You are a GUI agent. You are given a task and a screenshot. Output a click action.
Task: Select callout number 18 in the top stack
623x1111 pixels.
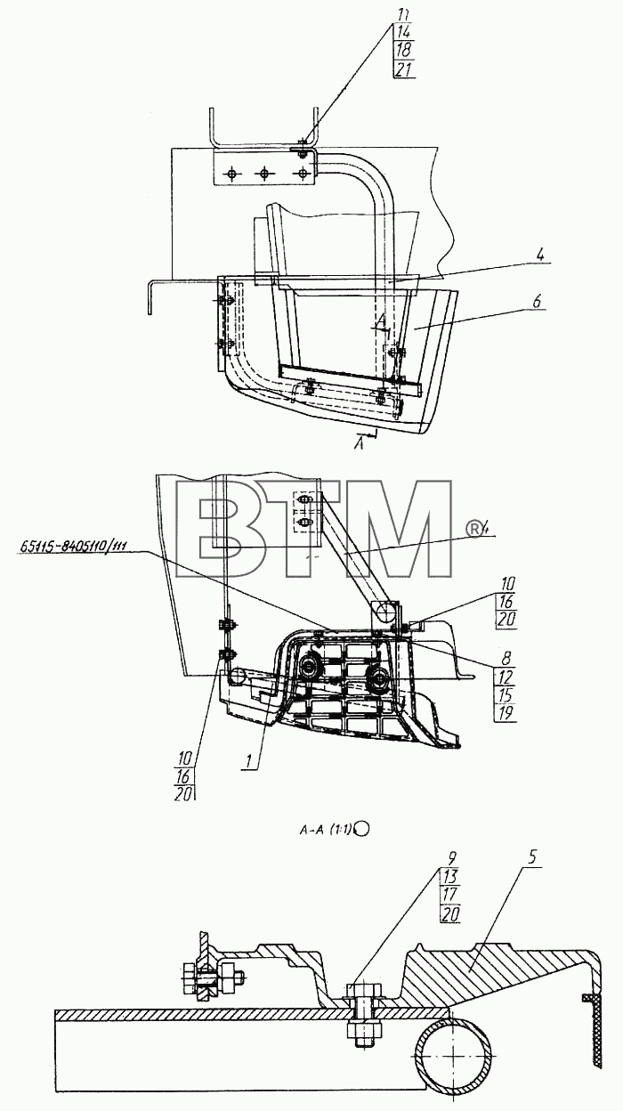coord(404,50)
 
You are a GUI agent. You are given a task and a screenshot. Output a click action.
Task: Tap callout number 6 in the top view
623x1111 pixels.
coord(537,301)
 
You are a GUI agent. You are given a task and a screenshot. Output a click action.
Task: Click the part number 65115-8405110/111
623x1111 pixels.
coord(74,546)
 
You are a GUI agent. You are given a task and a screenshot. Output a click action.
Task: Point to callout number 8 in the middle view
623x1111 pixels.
coord(506,657)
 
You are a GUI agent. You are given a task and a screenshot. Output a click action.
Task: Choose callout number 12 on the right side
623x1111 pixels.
coord(506,676)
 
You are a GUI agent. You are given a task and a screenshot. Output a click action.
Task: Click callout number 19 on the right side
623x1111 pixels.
coord(506,713)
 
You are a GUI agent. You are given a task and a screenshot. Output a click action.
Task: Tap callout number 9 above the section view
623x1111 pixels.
coord(451,857)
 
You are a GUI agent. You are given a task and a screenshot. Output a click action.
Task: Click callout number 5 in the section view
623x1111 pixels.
coord(533,857)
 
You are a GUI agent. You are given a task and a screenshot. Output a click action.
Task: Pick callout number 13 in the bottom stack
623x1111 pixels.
coord(449,876)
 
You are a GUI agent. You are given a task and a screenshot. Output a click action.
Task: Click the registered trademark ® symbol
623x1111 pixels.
coord(474,528)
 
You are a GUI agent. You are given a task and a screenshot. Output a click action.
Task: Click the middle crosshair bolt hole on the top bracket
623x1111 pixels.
coord(263,173)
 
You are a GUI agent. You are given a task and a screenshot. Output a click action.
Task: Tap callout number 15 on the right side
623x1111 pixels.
coord(506,694)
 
